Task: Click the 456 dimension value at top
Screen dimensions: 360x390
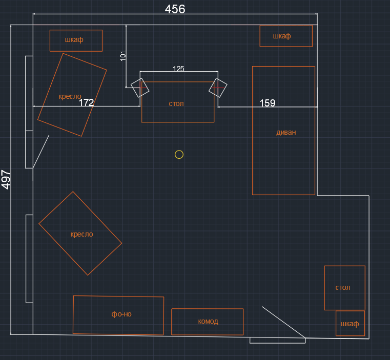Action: click(x=175, y=9)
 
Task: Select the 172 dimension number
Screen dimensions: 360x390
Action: click(x=86, y=103)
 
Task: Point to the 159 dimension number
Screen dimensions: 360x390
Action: click(x=267, y=103)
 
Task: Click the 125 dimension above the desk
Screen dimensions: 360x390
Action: click(x=178, y=69)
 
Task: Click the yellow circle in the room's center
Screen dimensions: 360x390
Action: click(x=179, y=154)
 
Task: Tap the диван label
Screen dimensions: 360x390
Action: click(x=286, y=132)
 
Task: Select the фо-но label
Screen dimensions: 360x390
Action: click(x=121, y=314)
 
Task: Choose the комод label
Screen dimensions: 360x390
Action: click(x=208, y=321)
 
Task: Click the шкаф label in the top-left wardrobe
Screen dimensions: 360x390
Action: click(x=74, y=39)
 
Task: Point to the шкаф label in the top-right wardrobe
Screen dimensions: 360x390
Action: click(x=282, y=36)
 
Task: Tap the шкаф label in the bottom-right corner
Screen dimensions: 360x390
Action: click(x=350, y=324)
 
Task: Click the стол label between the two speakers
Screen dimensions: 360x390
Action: click(x=176, y=103)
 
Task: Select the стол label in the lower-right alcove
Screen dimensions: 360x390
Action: click(x=343, y=287)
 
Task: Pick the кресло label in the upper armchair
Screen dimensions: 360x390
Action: click(x=70, y=96)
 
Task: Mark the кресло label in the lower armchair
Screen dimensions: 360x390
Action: click(x=82, y=234)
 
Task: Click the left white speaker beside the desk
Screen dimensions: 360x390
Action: click(x=139, y=88)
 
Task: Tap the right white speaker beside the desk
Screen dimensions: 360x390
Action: click(x=218, y=88)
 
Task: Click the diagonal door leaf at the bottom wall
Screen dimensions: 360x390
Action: click(x=283, y=322)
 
